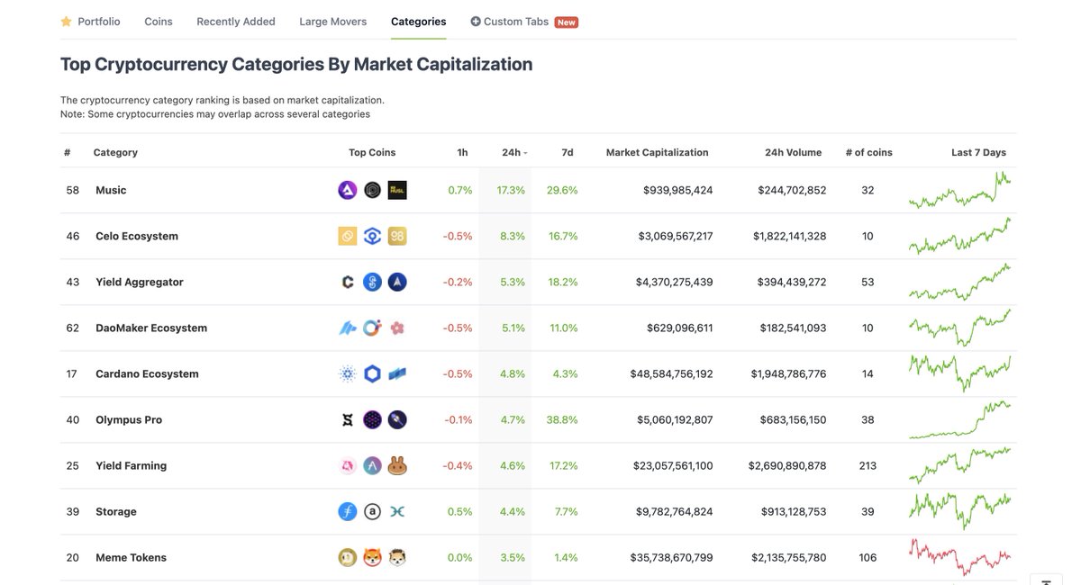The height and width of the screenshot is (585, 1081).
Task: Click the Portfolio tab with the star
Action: tap(90, 22)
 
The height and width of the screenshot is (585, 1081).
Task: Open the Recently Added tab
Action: tap(236, 22)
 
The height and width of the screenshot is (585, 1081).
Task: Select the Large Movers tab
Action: tap(332, 22)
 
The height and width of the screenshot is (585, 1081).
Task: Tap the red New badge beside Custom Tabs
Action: tap(566, 22)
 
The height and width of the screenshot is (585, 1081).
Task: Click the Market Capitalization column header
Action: tap(657, 153)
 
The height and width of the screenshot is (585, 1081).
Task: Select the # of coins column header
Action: tap(868, 153)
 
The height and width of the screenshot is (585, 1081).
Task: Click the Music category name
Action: tap(111, 191)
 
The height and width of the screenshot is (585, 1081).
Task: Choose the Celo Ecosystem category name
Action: tap(137, 237)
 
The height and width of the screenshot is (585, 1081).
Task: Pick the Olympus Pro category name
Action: tap(129, 420)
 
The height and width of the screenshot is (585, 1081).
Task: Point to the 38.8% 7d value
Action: tap(562, 420)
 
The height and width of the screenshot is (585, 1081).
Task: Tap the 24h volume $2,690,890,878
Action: tap(786, 466)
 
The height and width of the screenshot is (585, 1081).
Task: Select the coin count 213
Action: tap(868, 466)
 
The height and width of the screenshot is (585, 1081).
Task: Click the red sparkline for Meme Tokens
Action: tap(959, 557)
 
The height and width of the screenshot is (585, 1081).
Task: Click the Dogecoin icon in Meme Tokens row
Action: tap(347, 558)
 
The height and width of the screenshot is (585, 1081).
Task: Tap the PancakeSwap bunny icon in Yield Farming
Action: tap(397, 466)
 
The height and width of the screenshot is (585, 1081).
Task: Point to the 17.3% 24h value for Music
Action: tap(511, 191)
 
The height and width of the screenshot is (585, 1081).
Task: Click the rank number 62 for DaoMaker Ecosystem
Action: tap(73, 328)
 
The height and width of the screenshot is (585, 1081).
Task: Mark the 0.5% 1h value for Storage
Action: tap(460, 512)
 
